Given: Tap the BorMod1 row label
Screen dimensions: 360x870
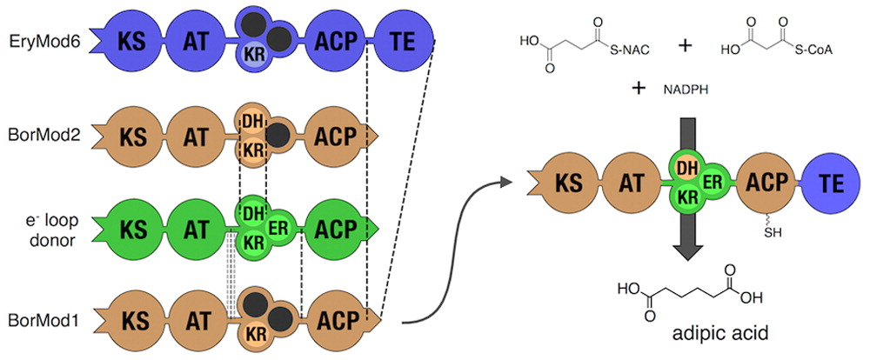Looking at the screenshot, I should pyautogui.click(x=43, y=321).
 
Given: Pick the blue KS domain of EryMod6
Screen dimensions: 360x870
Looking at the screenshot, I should pyautogui.click(x=133, y=41).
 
